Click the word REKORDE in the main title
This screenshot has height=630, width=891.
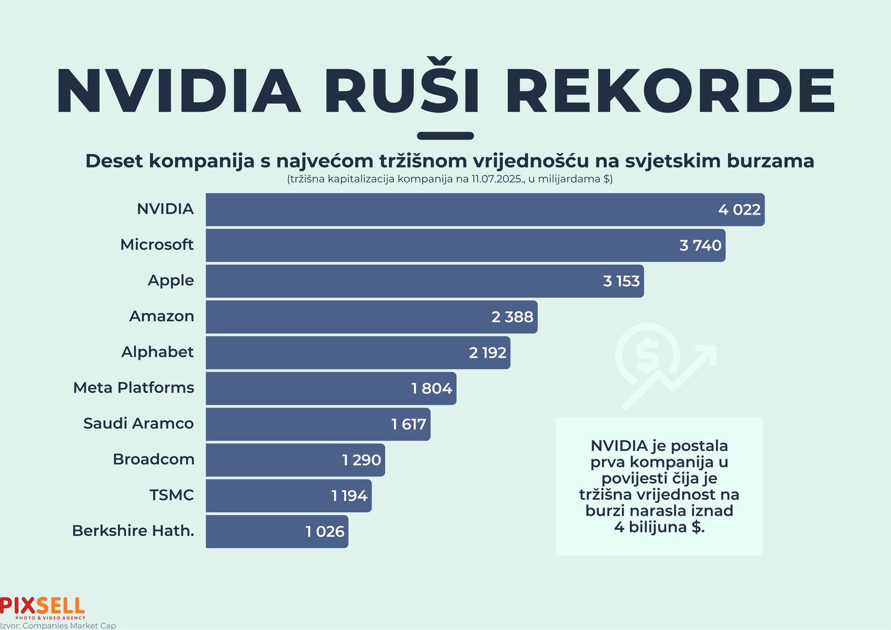[670, 92]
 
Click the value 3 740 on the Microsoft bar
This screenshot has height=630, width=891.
[700, 246]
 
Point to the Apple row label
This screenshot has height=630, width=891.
[170, 281]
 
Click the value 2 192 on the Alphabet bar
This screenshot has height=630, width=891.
[488, 353]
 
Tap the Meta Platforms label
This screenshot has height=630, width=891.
[134, 388]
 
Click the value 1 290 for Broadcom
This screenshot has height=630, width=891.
[362, 460]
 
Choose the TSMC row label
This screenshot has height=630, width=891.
[172, 495]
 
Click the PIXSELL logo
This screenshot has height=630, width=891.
[43, 607]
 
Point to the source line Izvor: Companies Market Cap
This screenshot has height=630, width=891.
[58, 626]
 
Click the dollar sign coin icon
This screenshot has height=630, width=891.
[647, 353]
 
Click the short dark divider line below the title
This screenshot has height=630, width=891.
[445, 136]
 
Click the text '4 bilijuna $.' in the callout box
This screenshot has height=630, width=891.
[659, 527]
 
